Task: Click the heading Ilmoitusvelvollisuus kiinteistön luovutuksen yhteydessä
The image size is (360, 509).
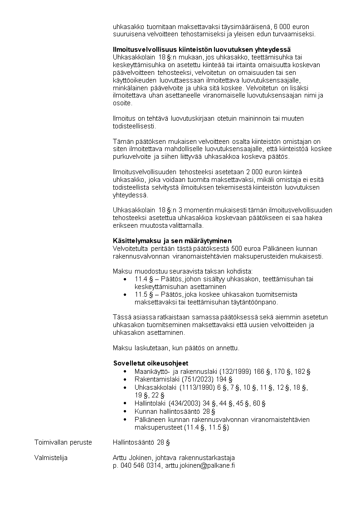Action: point(201,49)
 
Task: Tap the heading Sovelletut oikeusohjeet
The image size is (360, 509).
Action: point(151,363)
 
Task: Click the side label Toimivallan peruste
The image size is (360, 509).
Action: point(63,441)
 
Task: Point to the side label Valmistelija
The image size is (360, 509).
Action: point(51,458)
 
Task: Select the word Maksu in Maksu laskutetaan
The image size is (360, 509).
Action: point(122,348)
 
